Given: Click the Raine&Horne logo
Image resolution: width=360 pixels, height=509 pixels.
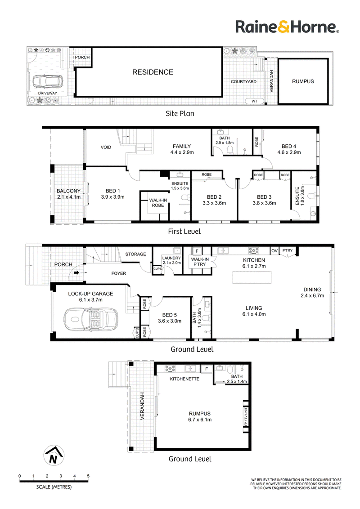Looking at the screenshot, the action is (287, 27).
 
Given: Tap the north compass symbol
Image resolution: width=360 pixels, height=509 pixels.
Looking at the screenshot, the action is (54, 455).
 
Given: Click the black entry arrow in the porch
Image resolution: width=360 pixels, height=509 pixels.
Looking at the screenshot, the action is (76, 272).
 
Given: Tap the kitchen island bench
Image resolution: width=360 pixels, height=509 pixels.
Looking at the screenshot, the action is (252, 278).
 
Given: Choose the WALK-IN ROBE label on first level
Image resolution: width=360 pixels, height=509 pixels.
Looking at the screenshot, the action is (158, 202).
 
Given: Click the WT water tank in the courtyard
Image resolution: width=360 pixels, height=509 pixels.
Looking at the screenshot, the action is (254, 101).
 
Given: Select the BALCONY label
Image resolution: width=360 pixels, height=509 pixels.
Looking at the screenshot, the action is (68, 191).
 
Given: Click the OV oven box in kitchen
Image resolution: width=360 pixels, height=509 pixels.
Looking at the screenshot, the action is (274, 250).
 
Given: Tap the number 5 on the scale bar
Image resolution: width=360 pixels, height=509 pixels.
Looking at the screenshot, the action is (88, 476).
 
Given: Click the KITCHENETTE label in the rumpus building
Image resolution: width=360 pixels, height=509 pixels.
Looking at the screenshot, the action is (184, 379).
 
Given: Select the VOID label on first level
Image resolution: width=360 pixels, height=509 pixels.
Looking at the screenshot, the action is (106, 147).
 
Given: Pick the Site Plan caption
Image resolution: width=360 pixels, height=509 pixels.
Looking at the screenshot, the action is (180, 113).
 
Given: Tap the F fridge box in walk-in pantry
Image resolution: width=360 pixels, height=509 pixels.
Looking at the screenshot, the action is (197, 251).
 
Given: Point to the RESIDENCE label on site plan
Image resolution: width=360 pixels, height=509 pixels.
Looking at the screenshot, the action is (153, 72).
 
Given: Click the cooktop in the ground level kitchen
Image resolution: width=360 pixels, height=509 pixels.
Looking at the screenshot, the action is (254, 250).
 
